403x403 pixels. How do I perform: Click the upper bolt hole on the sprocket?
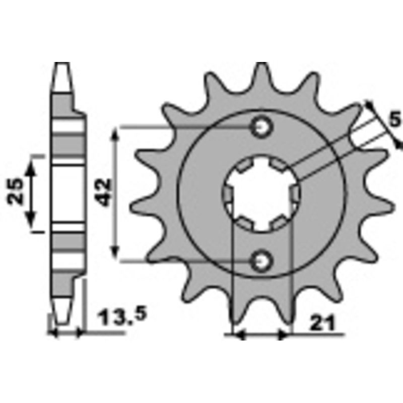(261, 127)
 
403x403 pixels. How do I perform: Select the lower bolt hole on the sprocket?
(261, 260)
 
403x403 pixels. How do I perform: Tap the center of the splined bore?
(261, 194)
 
